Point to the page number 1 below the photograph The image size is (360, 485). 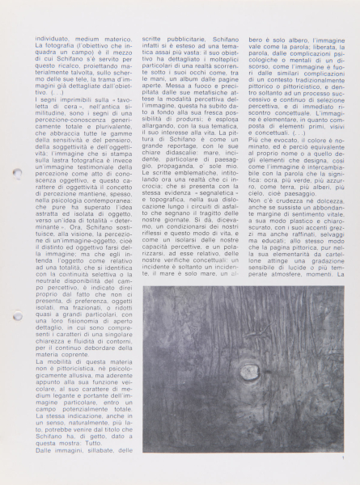(x=343, y=459)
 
